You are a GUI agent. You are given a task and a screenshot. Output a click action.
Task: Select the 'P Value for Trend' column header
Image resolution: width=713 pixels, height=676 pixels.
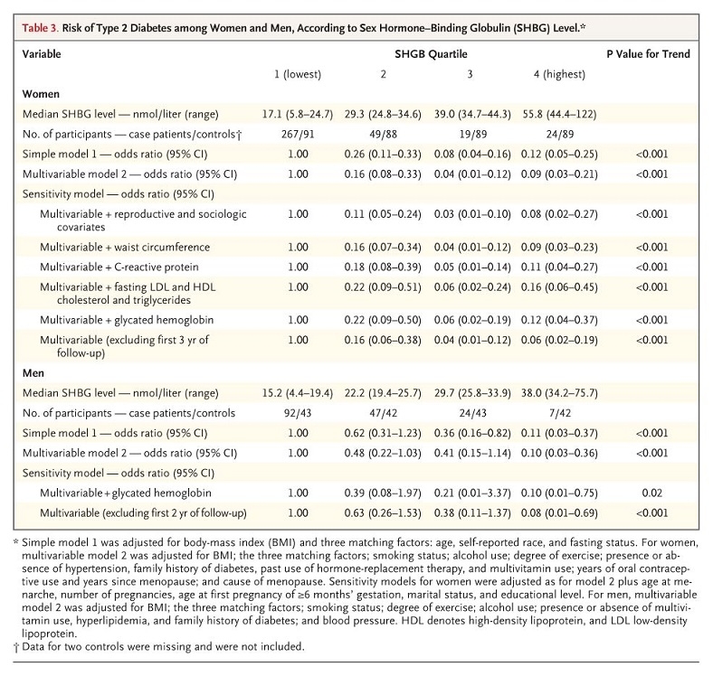[x=647, y=54]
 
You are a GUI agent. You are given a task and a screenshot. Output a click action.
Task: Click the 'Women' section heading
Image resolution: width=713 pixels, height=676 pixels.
[x=42, y=93]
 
